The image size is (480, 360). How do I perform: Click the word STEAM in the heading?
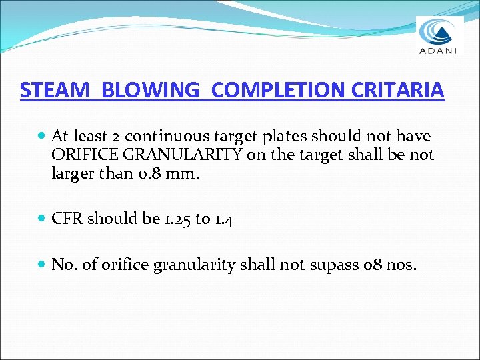click(55, 90)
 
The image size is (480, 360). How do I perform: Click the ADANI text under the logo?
click(438, 49)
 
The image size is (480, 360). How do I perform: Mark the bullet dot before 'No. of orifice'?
click(42, 265)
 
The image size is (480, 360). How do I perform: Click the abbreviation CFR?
click(67, 219)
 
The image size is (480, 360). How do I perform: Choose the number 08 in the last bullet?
click(371, 265)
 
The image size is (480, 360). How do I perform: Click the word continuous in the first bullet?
click(163, 137)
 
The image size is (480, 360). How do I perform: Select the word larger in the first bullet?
click(73, 174)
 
